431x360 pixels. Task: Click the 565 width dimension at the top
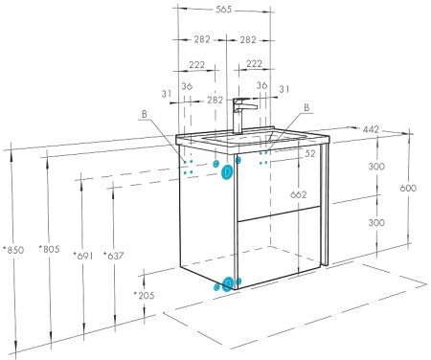(x=223, y=10)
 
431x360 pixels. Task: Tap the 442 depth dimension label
(x=371, y=129)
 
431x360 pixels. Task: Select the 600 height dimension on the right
(x=408, y=188)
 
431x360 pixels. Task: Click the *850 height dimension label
(x=13, y=250)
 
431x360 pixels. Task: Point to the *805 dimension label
(x=49, y=249)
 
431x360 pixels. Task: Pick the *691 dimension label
(x=82, y=256)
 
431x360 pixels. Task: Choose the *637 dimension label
(x=113, y=256)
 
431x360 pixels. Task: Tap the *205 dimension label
(x=144, y=295)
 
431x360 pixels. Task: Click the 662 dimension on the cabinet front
(x=299, y=194)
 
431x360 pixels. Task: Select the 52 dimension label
(x=309, y=153)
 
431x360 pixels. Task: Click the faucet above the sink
(x=242, y=115)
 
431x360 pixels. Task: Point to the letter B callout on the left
(x=145, y=114)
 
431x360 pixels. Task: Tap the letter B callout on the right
(x=306, y=107)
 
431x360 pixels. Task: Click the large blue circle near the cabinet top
(x=227, y=172)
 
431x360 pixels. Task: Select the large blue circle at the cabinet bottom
(x=228, y=283)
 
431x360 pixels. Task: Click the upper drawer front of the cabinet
(x=279, y=184)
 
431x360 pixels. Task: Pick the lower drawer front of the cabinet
(x=279, y=247)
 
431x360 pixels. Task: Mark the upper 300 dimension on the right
(x=376, y=167)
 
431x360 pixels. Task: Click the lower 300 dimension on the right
(x=376, y=222)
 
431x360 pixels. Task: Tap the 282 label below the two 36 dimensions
(x=215, y=100)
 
